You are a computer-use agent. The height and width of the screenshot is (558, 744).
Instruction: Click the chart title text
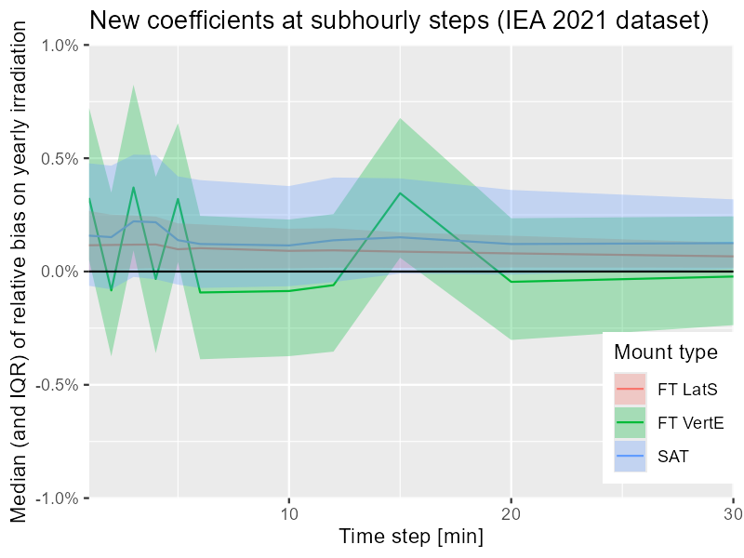[x=399, y=20]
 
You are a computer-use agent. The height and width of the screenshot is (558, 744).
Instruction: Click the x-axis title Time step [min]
[x=410, y=538]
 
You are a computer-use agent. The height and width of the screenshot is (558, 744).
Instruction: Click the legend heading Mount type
[x=666, y=352]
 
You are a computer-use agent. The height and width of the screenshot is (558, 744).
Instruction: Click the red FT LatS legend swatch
[x=630, y=387]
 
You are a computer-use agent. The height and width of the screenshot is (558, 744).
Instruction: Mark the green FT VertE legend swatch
[x=630, y=421]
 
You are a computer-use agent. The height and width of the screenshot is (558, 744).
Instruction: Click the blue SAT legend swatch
[x=630, y=456]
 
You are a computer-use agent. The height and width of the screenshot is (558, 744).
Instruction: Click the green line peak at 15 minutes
[x=400, y=193]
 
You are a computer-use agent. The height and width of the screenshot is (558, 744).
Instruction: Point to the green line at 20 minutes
[x=511, y=282]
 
